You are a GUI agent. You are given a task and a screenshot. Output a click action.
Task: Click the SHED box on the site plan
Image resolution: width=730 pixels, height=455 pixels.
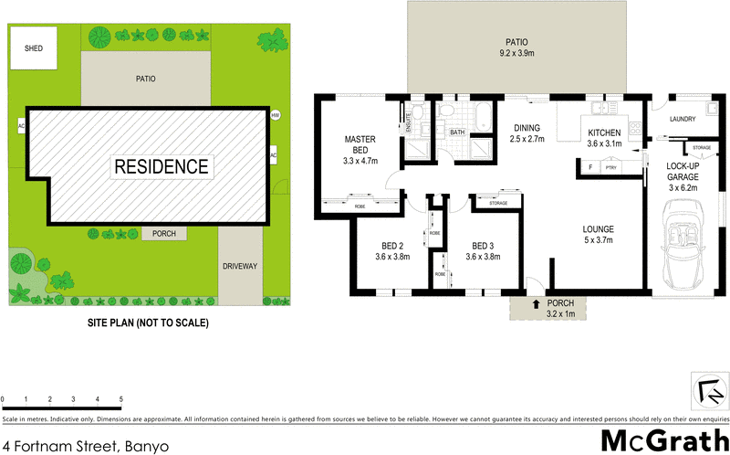(x=33, y=48)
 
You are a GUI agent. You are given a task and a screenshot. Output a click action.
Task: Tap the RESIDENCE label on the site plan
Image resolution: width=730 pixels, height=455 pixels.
(x=161, y=166)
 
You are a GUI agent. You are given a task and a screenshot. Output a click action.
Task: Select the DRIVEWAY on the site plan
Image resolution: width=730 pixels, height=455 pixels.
(x=240, y=266)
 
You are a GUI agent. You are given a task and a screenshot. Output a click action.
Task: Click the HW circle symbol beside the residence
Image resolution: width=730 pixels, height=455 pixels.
(x=275, y=115)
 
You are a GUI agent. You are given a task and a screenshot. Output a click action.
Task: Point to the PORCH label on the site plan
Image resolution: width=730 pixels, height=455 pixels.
(x=164, y=234)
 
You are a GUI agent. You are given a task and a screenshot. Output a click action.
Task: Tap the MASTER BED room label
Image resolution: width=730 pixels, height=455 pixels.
(x=360, y=150)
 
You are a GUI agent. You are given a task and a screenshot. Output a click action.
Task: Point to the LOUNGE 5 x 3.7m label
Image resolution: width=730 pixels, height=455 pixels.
(x=599, y=235)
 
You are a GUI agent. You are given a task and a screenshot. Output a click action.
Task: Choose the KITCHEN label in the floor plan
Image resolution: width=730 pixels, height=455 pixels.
(x=604, y=138)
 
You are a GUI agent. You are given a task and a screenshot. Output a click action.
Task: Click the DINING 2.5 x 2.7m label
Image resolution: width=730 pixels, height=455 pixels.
(x=527, y=134)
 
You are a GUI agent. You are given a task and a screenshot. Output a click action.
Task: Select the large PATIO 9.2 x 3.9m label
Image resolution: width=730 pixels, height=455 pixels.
(x=517, y=48)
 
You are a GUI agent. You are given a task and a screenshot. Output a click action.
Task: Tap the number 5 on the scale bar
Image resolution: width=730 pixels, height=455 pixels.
(x=120, y=399)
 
